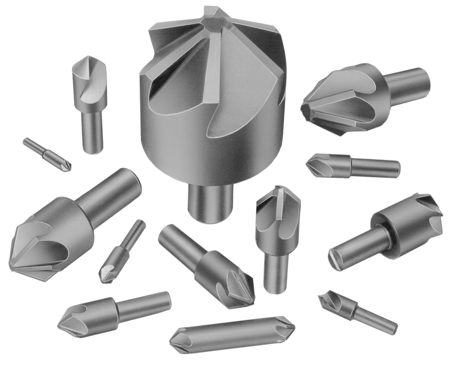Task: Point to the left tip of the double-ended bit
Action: pyautogui.click(x=171, y=341)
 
